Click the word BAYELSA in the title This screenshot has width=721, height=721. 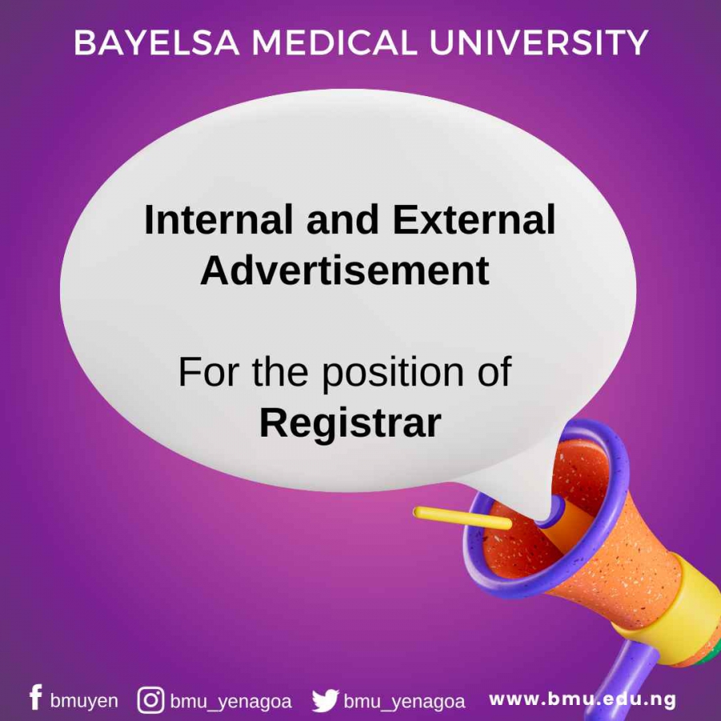(x=157, y=42)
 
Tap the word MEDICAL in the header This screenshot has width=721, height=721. (x=334, y=42)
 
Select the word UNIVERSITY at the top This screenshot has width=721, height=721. (x=538, y=42)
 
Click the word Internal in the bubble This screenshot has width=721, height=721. (x=219, y=220)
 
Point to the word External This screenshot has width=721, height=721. (x=474, y=220)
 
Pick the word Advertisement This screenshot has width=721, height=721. (x=344, y=271)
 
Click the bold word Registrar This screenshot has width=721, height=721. (x=350, y=422)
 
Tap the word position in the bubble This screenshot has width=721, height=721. (x=393, y=372)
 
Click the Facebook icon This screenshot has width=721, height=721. (x=36, y=697)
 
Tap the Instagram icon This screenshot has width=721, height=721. (x=151, y=700)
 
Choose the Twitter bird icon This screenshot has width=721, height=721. (x=325, y=701)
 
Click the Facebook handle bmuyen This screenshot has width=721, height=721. (x=84, y=701)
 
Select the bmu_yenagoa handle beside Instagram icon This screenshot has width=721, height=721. (x=231, y=702)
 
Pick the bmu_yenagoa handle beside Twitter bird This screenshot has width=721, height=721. (x=405, y=702)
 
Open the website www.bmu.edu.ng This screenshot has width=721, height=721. (x=582, y=699)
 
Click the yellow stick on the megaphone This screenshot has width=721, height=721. (x=462, y=518)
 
